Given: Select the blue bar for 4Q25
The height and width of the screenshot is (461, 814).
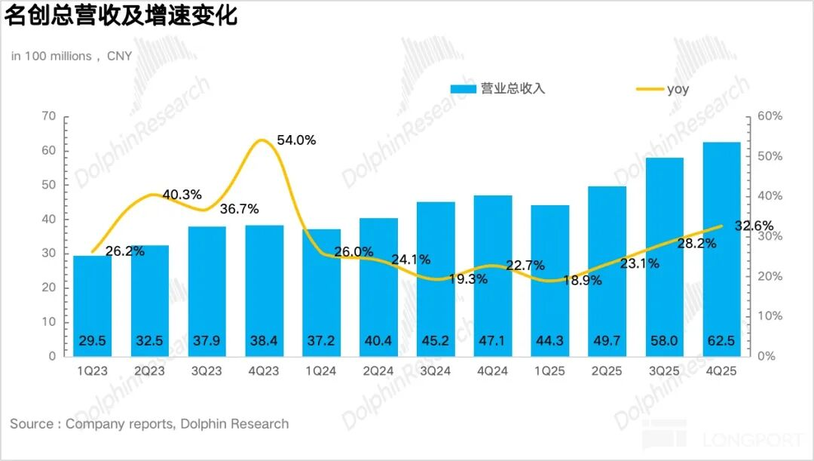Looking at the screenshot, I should [x=721, y=249].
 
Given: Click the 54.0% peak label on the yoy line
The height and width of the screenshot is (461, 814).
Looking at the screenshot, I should [x=296, y=140].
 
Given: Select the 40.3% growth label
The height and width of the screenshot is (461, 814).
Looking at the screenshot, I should [x=182, y=195].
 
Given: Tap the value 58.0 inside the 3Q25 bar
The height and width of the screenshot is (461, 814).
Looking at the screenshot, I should [x=664, y=341].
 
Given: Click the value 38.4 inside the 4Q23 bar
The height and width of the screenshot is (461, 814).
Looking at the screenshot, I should [x=263, y=341].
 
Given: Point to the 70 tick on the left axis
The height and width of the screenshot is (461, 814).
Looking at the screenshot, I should [x=49, y=116].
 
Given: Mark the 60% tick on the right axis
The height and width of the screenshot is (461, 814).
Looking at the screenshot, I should [x=770, y=116].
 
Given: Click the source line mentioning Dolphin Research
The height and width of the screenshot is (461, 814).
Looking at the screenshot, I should [x=149, y=424].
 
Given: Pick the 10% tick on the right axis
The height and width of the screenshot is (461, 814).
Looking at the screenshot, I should [x=770, y=316].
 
